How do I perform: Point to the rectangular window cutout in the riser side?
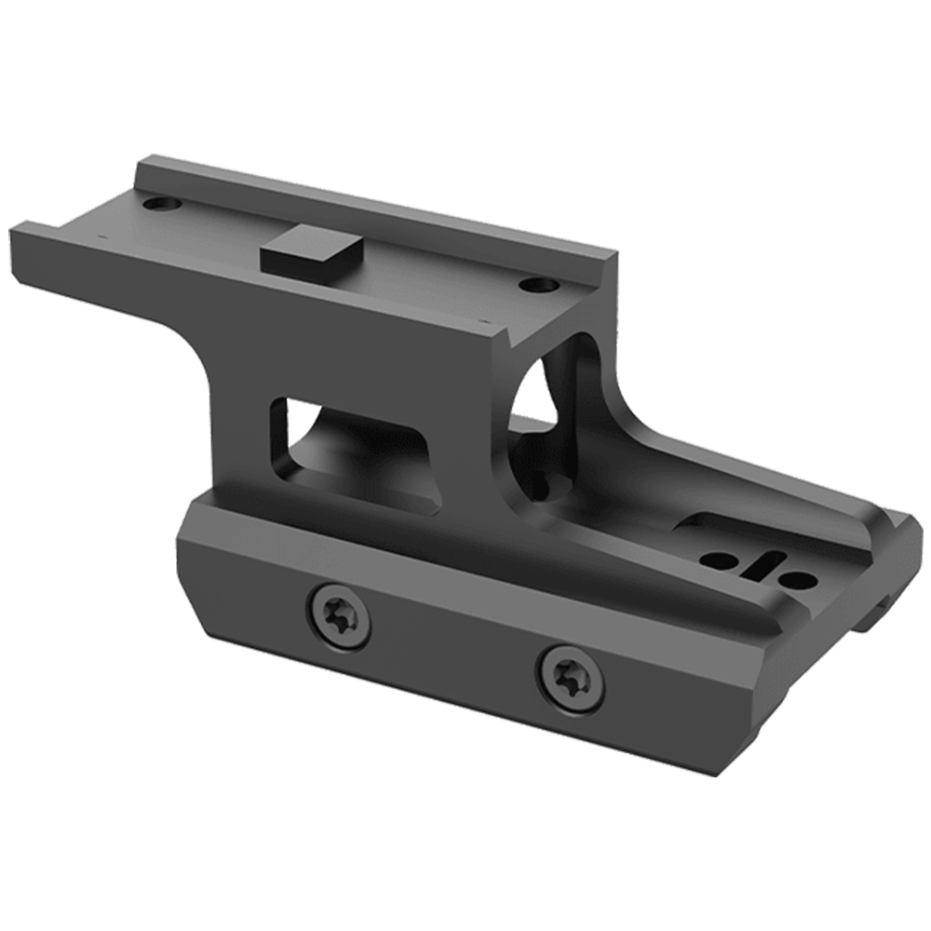358,447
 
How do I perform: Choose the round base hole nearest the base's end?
799,581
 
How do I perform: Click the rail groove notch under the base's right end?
875,614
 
